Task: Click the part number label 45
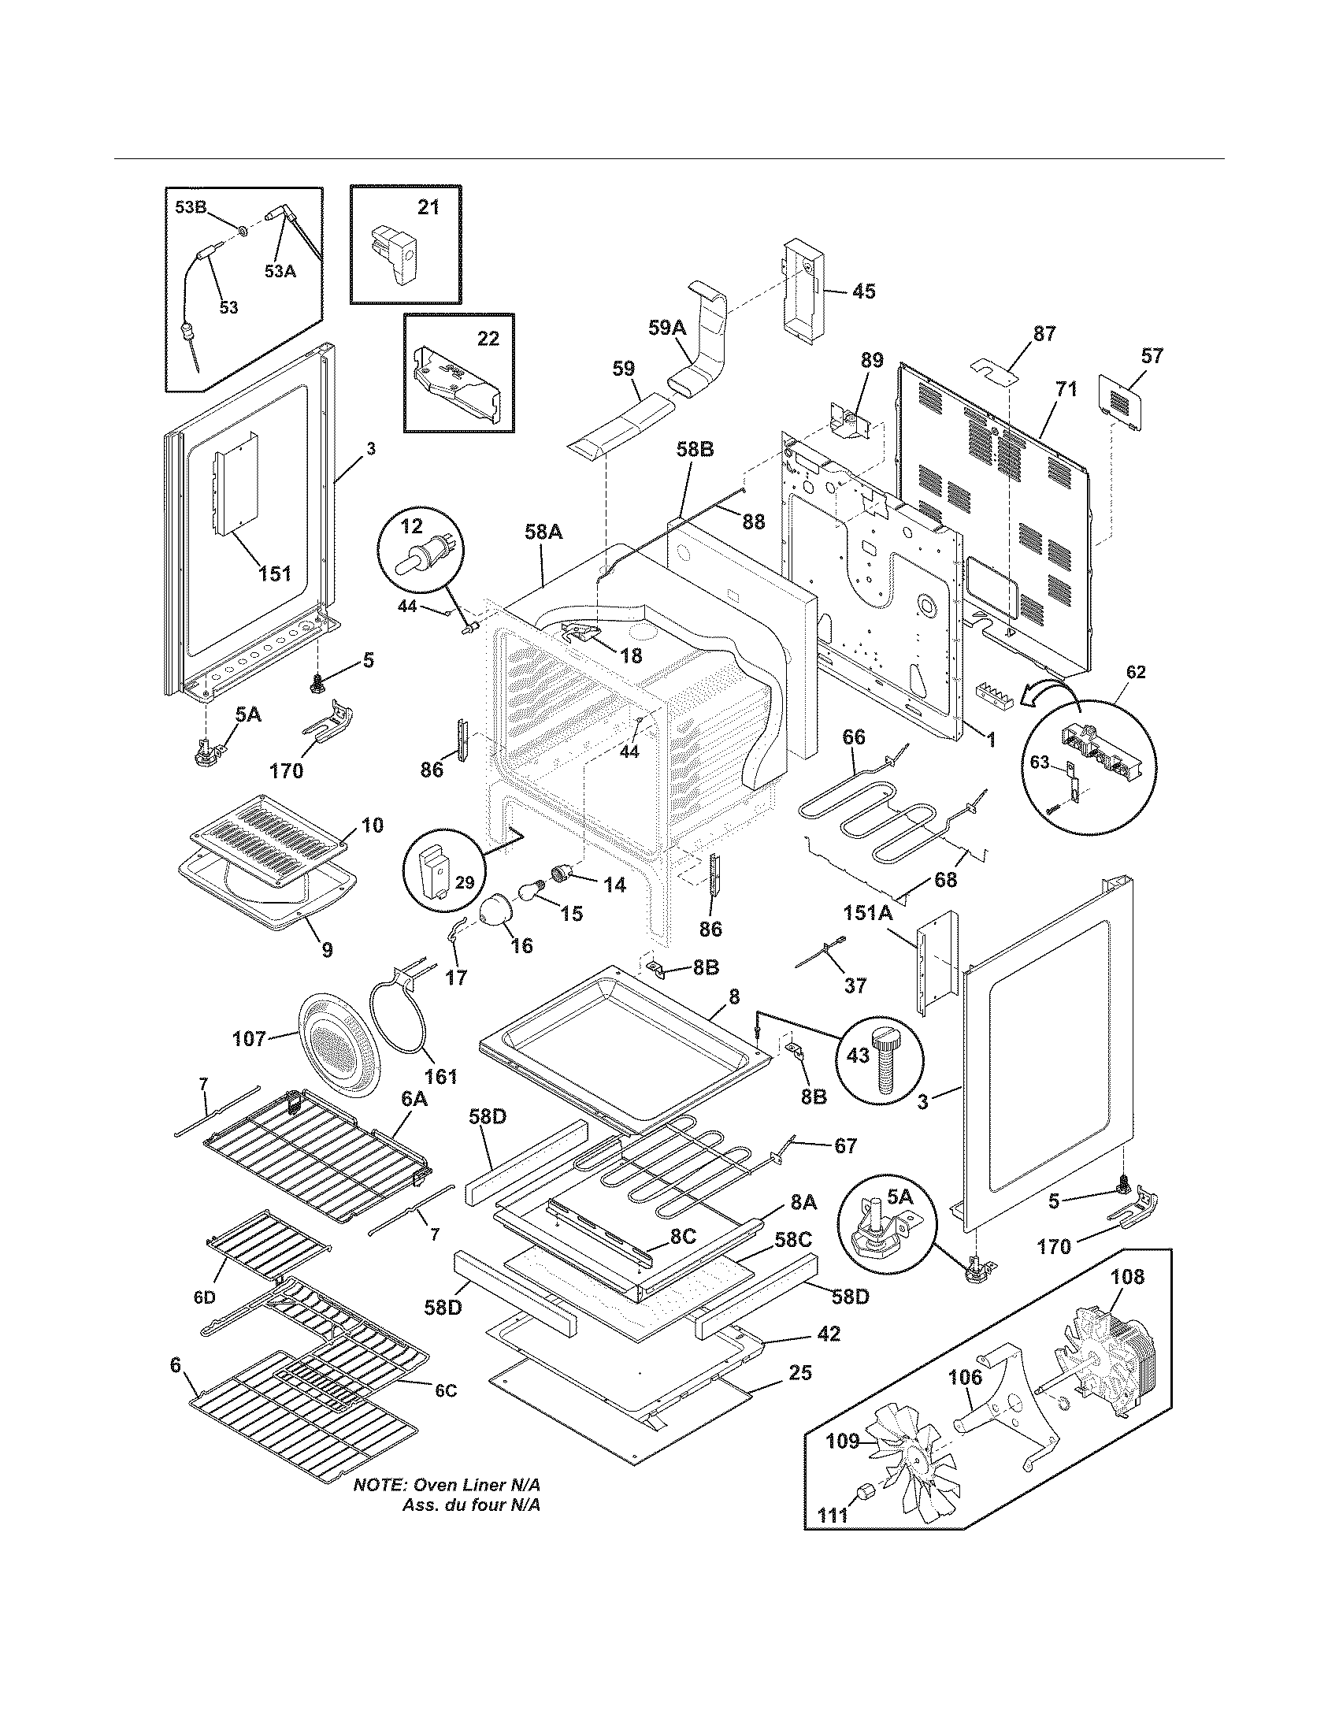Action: tap(863, 291)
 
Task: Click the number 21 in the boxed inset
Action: tap(428, 207)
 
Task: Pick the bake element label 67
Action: tap(845, 1146)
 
